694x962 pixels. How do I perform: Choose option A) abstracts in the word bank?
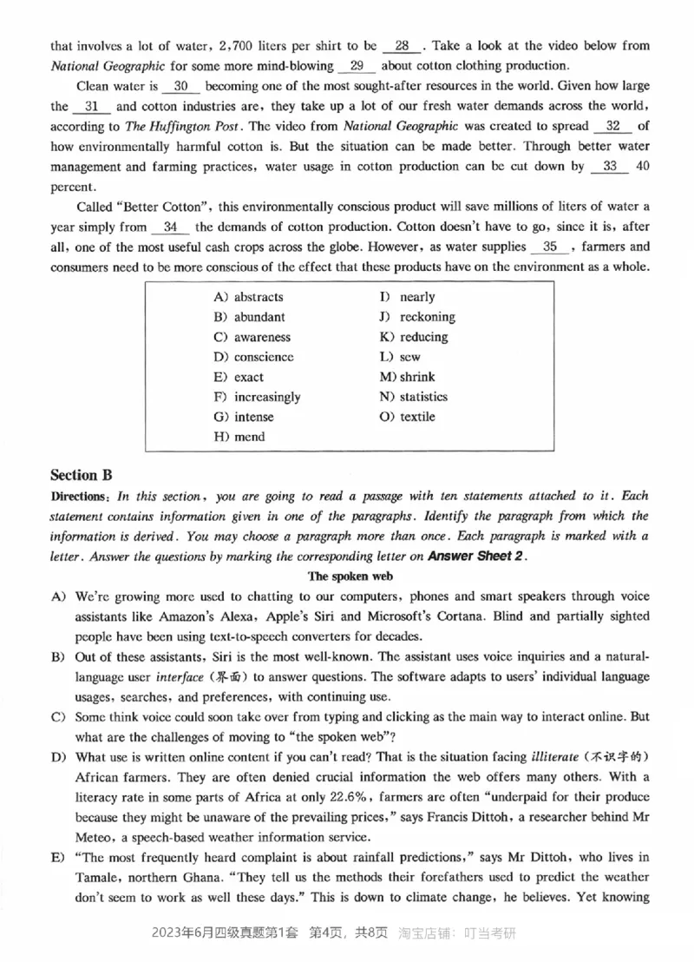click(x=248, y=297)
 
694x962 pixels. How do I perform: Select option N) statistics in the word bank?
click(x=413, y=397)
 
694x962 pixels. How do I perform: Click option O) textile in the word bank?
click(x=407, y=417)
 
